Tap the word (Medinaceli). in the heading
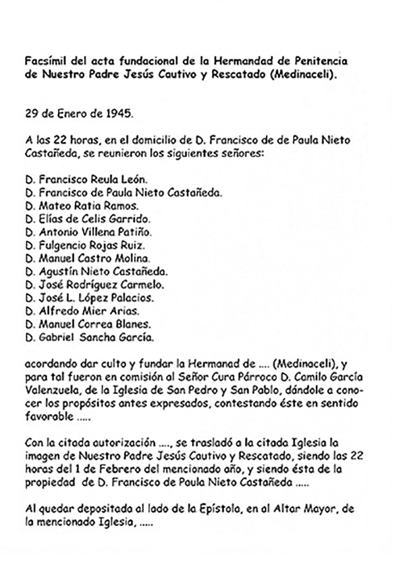tap(301, 74)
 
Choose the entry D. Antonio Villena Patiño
tap(88, 232)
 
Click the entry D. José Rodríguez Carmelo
tap(94, 285)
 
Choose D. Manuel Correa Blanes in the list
tap(88, 324)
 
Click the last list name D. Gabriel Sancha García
tap(90, 338)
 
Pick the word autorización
tap(125, 443)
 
